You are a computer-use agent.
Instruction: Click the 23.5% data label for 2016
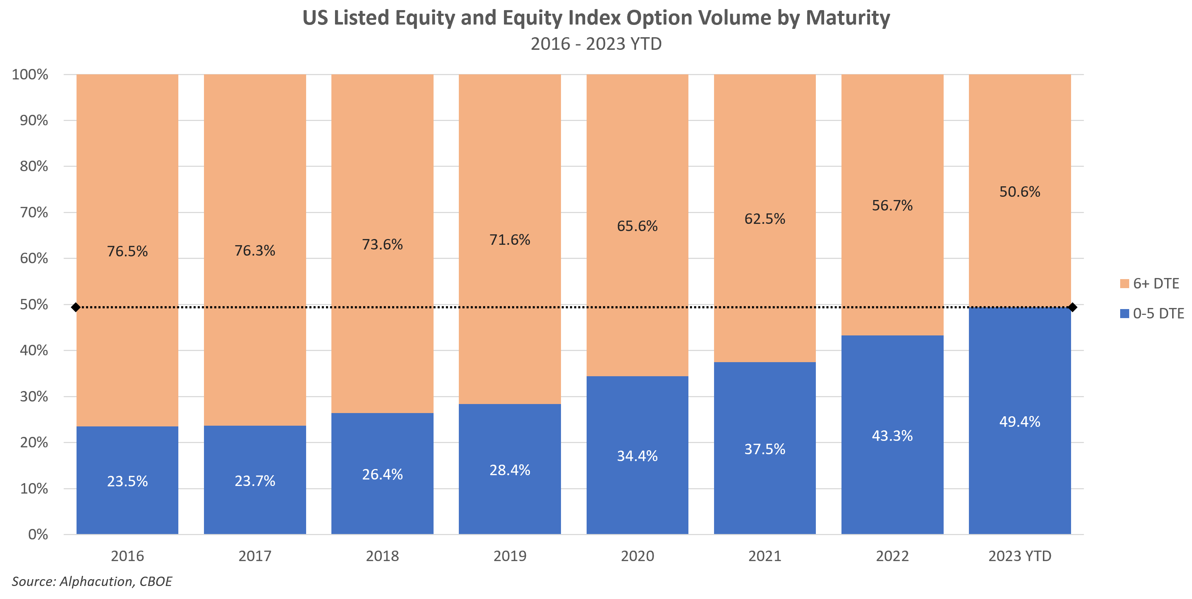pos(127,481)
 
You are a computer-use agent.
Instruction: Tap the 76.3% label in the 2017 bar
pos(255,251)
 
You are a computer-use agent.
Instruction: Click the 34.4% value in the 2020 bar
pos(637,456)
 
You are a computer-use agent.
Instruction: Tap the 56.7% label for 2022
pos(892,205)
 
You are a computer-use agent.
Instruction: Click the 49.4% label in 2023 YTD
pos(1019,422)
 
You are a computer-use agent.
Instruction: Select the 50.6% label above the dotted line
pos(1019,192)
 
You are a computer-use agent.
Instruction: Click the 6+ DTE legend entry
pos(1156,283)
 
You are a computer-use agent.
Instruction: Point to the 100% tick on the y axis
pos(30,74)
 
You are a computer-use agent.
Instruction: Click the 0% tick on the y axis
pos(38,535)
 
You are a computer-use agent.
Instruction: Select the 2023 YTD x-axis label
pos(1019,556)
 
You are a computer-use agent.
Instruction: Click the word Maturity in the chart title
pos(847,18)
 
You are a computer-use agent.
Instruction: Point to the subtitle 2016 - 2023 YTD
pos(596,44)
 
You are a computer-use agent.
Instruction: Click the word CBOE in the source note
pos(156,581)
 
